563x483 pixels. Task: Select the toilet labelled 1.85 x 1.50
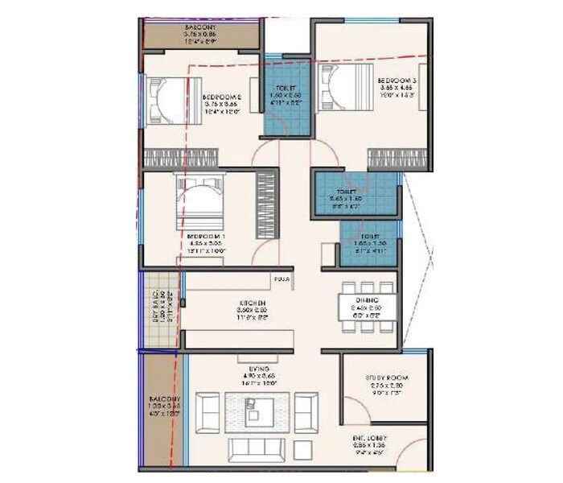coord(364,243)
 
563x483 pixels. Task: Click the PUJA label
coord(281,279)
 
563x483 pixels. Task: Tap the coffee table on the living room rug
coord(257,414)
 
